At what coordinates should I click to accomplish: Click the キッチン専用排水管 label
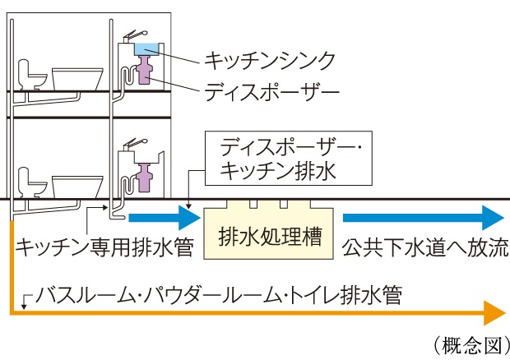104,246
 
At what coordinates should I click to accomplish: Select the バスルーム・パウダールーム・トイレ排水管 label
220,294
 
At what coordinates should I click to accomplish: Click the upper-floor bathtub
77,78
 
